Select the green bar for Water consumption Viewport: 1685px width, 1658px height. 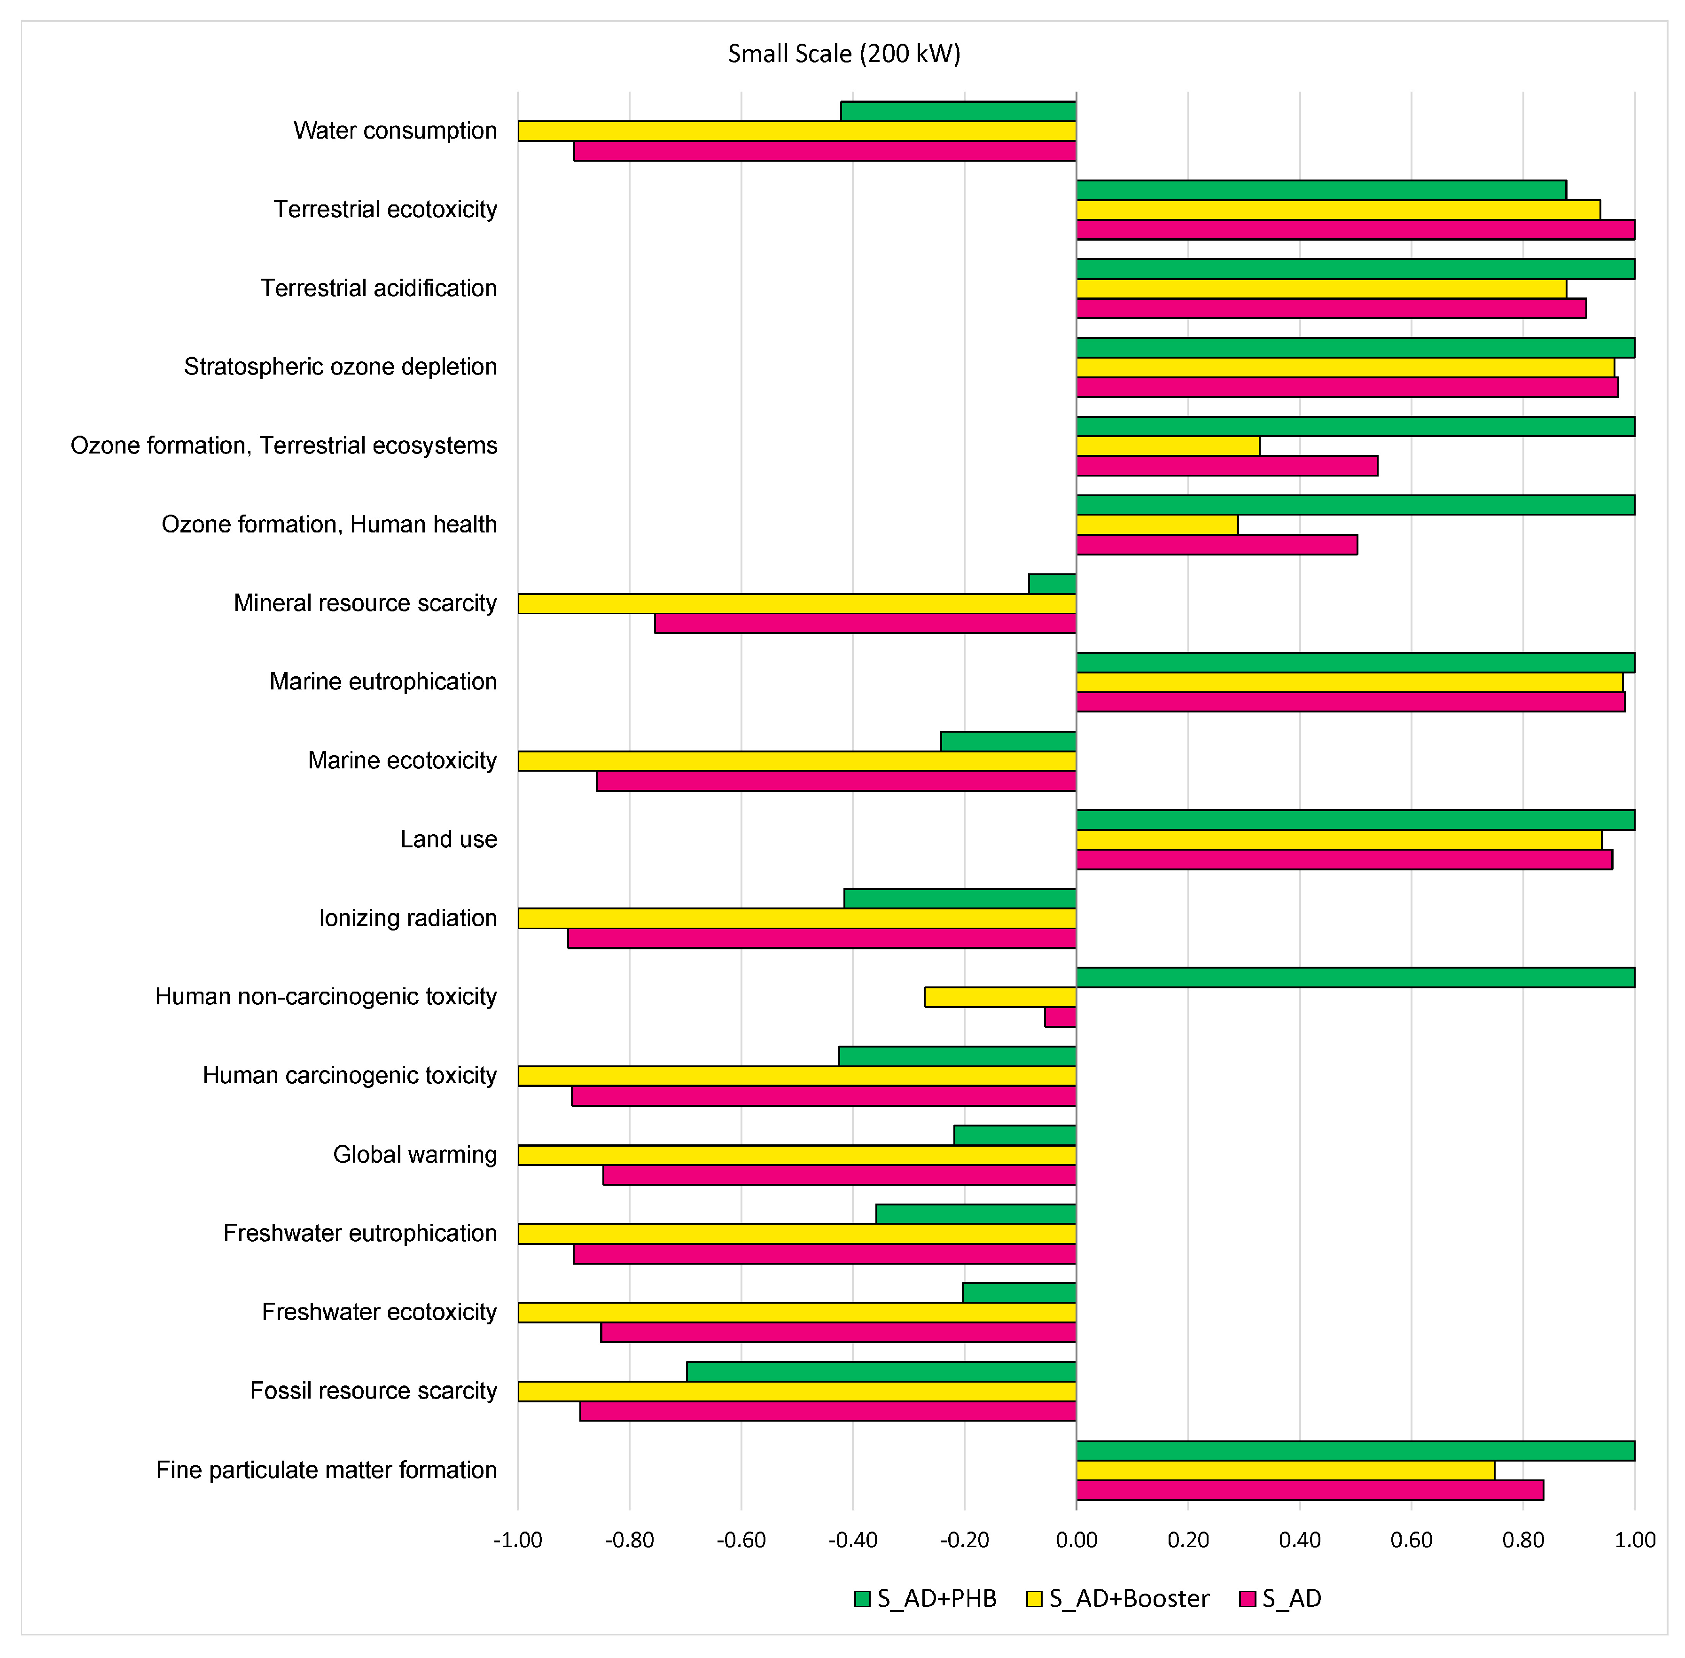pos(958,111)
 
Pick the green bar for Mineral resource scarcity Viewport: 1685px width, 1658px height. pos(1052,583)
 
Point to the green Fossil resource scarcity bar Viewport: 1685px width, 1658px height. pos(881,1371)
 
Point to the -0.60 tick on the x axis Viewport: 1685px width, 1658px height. pos(741,1540)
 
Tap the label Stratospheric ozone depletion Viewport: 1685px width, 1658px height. pos(341,367)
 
